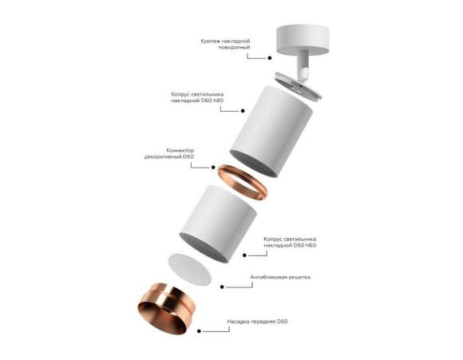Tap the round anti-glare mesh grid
192,269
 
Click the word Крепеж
213,39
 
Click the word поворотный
233,47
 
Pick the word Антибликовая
267,277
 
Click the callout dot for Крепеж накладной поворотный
270,57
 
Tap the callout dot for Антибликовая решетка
243,287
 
